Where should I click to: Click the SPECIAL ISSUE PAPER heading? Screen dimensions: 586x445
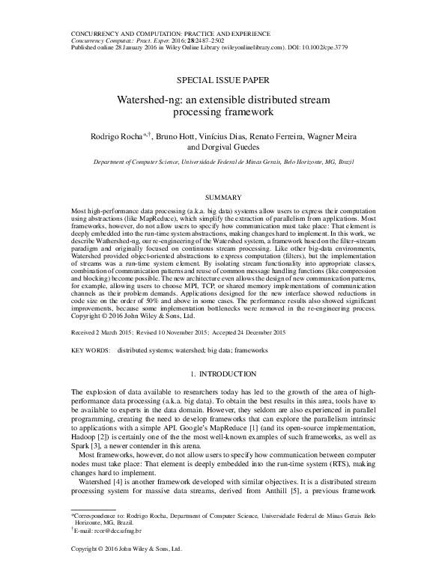(222, 79)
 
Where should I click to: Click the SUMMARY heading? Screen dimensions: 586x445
(222, 196)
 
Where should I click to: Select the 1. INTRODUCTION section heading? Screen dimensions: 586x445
(222, 372)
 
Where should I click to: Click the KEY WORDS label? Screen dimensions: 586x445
(89, 350)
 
